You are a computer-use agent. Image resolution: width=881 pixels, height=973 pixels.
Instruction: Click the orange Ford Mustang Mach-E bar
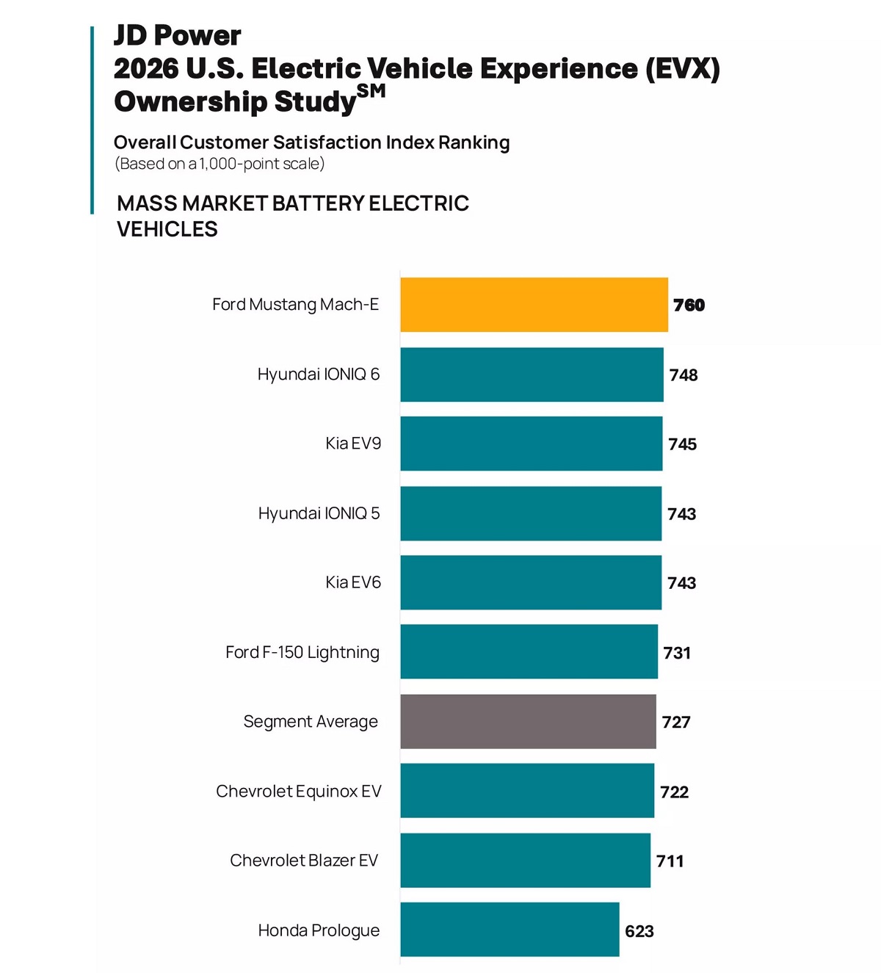click(534, 305)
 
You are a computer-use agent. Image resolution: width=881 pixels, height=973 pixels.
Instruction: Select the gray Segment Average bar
click(528, 722)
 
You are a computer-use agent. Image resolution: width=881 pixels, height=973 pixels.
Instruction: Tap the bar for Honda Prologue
click(510, 930)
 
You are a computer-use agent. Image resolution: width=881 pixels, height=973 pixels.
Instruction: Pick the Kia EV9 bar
click(531, 444)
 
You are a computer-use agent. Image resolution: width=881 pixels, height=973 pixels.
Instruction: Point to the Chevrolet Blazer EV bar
click(525, 860)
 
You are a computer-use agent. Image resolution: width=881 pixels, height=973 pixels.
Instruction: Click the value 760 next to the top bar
click(689, 305)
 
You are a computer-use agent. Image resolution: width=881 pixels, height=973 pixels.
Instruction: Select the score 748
click(684, 375)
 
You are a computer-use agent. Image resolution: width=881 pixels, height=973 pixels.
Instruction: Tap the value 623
click(639, 931)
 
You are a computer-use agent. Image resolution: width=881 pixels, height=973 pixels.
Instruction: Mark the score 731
click(677, 653)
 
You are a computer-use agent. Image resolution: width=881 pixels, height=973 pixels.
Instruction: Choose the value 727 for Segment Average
click(676, 722)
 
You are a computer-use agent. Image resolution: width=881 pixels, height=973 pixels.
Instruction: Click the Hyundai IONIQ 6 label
click(319, 375)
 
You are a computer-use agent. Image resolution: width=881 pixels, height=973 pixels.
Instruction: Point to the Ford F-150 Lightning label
click(302, 652)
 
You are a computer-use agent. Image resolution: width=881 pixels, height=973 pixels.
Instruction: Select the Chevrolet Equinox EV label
click(299, 791)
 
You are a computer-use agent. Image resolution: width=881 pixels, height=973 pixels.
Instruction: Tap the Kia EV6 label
click(353, 582)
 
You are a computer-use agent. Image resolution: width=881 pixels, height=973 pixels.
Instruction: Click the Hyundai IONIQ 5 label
click(319, 513)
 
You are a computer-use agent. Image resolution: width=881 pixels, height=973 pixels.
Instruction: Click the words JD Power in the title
click(177, 35)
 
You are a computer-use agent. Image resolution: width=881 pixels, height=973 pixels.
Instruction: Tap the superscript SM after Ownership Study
click(371, 91)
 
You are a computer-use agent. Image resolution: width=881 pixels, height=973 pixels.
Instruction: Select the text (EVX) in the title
click(682, 68)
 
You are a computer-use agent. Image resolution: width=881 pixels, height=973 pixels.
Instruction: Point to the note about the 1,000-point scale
click(220, 164)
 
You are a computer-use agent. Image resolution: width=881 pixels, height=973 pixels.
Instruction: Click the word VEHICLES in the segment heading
click(167, 229)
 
